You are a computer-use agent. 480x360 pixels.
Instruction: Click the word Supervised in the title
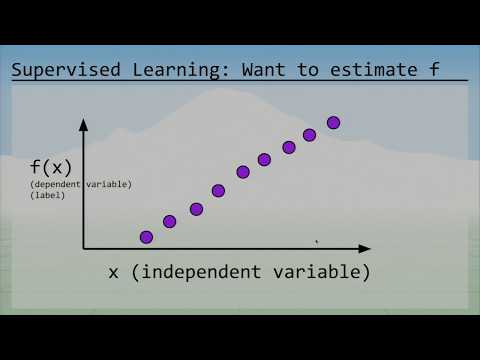coord(66,70)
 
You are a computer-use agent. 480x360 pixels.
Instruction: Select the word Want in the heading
coord(263,70)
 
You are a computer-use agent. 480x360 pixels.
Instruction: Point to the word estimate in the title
coord(373,70)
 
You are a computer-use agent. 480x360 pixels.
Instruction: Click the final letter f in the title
coord(434,69)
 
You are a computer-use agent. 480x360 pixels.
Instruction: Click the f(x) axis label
coord(51,167)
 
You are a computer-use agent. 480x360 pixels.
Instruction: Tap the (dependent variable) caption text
coord(81,184)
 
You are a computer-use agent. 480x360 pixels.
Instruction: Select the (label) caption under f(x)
coord(47,195)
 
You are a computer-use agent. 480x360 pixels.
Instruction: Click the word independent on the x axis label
coord(201,272)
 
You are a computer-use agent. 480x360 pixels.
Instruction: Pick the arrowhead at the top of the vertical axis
coord(83,124)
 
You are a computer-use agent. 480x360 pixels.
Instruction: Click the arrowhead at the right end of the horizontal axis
coord(364,249)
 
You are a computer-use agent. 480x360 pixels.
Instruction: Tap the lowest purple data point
coord(146,237)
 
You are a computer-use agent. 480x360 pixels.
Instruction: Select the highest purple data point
coord(333,123)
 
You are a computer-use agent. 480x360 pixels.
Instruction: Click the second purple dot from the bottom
coord(169,221)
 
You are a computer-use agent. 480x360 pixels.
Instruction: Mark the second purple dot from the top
coord(309,135)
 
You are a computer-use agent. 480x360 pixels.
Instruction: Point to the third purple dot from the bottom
coord(196,209)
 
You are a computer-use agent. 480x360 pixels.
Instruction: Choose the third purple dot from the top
coord(289,147)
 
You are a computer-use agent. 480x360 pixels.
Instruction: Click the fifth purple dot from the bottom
coord(243,172)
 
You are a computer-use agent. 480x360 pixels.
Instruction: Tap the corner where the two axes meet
coord(83,249)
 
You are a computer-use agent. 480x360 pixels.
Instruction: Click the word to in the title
coord(308,70)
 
